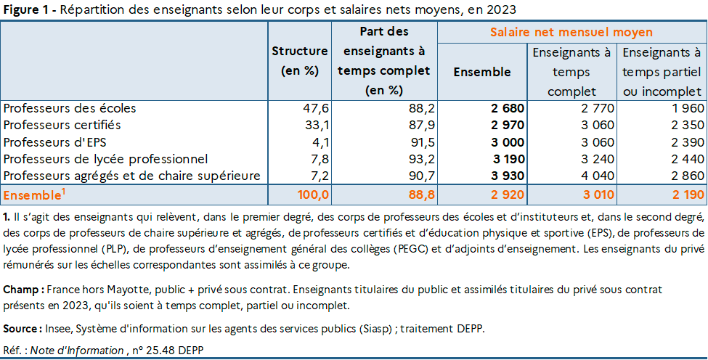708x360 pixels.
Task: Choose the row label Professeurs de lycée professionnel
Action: click(x=105, y=159)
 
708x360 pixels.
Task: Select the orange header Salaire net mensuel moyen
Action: click(x=571, y=33)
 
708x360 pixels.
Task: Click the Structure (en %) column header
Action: click(x=300, y=61)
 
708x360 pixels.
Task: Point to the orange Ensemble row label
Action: click(x=33, y=195)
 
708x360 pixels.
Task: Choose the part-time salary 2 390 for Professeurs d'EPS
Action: click(x=685, y=142)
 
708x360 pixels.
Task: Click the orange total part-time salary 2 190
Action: click(x=685, y=195)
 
